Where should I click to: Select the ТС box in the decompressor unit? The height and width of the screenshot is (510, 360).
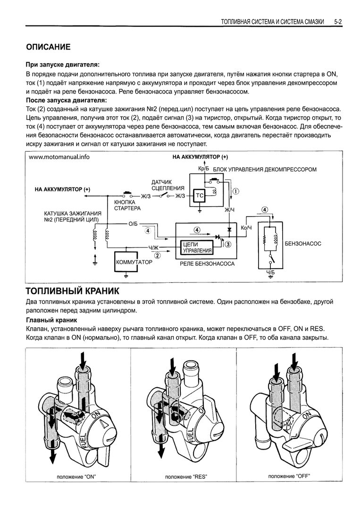point(199,195)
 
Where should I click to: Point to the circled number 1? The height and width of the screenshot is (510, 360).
point(236,191)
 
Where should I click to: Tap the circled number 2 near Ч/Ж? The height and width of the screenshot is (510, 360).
point(158,255)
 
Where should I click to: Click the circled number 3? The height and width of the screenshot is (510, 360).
point(228,244)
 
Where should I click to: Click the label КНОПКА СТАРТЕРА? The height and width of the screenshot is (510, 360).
point(127,204)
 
